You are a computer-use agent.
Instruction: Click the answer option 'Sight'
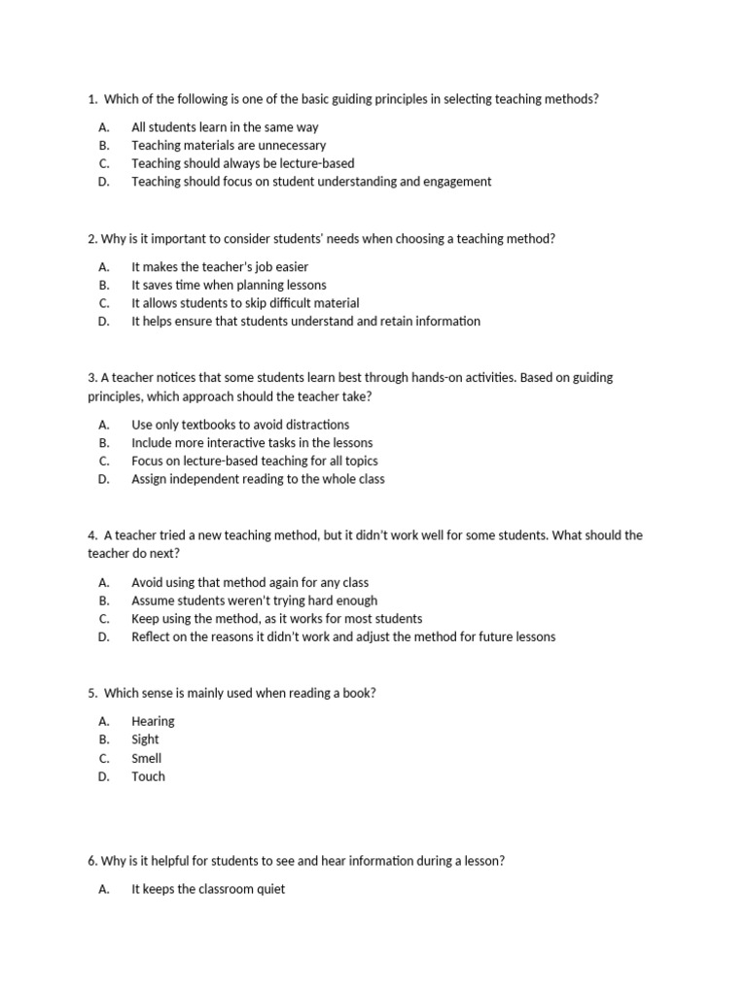coord(145,739)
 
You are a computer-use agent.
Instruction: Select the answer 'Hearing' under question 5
coord(153,721)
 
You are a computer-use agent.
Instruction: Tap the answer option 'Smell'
coord(147,758)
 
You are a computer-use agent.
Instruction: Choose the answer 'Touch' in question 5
coord(148,776)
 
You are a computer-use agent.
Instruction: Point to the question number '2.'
coord(92,239)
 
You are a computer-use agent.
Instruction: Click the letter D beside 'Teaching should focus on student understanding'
coord(104,182)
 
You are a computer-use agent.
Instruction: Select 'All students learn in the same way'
coord(225,127)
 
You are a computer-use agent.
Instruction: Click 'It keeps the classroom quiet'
coord(208,889)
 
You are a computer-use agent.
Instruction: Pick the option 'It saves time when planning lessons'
coord(229,285)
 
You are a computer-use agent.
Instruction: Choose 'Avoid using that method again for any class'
coord(250,582)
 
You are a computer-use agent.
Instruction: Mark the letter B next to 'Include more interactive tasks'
coord(104,443)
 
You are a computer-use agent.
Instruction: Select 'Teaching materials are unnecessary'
coord(229,146)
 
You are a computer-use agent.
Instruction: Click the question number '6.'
coord(92,861)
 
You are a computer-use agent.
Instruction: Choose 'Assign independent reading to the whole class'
coord(258,479)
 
